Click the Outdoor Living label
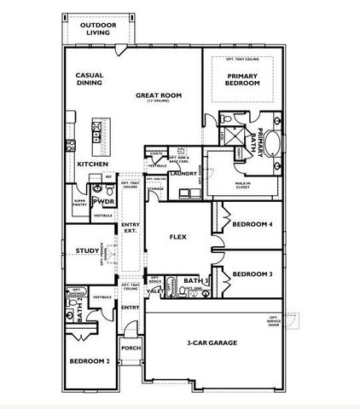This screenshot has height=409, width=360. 99,30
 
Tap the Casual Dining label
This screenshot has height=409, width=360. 89,80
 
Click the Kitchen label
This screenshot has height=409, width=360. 92,164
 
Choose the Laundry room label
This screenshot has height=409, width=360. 183,174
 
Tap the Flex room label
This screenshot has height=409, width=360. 178,237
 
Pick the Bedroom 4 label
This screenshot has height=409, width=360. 252,224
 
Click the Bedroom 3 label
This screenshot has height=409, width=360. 252,274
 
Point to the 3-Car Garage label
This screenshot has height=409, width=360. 212,343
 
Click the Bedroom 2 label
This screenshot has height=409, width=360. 89,361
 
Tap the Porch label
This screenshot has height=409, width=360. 131,348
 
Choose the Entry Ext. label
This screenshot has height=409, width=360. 131,228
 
